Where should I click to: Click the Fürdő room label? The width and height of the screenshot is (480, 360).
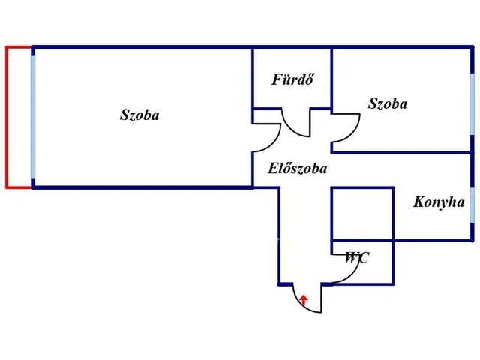pos(292,79)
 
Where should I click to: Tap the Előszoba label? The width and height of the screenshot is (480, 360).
pos(298,168)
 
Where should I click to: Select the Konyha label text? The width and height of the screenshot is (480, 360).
pos(439,202)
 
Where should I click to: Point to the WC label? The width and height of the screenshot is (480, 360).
pos(357,258)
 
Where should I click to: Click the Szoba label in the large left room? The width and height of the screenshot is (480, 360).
pos(139,115)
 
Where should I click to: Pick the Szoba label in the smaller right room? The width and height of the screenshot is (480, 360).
pos(388,103)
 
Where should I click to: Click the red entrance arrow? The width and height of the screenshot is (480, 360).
pos(303,300)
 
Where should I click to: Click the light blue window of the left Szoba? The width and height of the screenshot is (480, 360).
pos(33,117)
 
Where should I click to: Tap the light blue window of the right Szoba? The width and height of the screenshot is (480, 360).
pos(472,103)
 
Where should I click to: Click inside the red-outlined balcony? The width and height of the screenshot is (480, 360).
pos(19,117)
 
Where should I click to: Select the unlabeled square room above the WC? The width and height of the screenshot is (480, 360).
pos(363,213)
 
